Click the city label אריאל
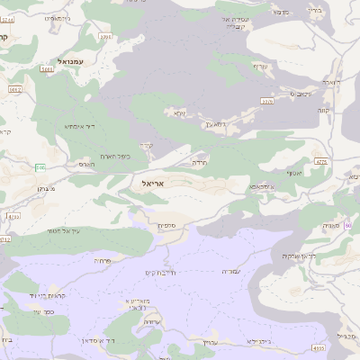155,183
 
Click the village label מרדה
199,162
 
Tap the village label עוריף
260,67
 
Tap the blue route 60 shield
348,225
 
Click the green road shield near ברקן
40,167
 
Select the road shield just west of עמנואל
46,68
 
